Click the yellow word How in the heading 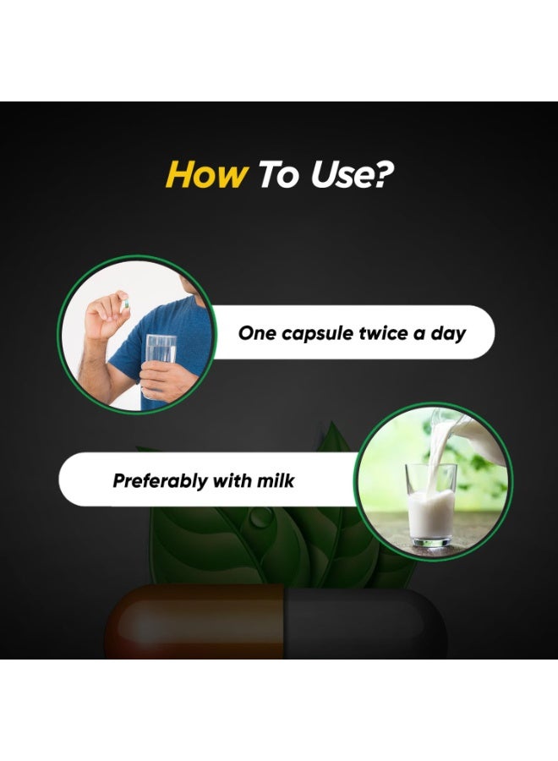tap(206, 175)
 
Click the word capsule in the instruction tap(317, 334)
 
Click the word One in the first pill tap(257, 333)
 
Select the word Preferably tap(160, 481)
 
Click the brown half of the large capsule tap(195, 621)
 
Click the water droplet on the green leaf tap(260, 518)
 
